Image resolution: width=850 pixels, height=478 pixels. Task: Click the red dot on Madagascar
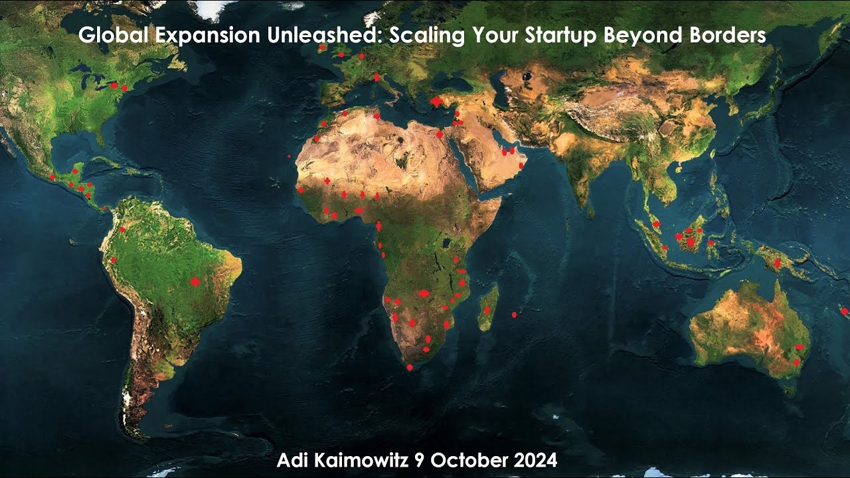[x=487, y=310]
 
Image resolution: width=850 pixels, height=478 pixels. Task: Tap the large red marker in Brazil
[x=195, y=281]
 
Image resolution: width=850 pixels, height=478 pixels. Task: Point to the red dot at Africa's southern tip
[x=410, y=367]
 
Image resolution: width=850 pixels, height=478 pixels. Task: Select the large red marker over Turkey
[x=436, y=102]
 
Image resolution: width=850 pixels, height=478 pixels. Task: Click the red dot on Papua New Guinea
[x=777, y=263]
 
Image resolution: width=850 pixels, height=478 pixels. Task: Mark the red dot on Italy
[x=377, y=77]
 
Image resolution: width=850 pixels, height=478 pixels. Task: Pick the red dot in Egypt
[x=439, y=134]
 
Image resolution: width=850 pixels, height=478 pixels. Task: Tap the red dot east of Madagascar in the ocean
[x=515, y=315]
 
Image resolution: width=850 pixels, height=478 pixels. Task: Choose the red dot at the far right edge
[x=844, y=311]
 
